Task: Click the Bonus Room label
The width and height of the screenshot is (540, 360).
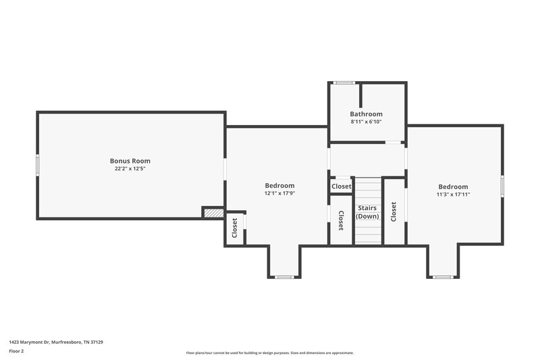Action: pyautogui.click(x=130, y=161)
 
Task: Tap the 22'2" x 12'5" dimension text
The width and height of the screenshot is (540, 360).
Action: pyautogui.click(x=130, y=169)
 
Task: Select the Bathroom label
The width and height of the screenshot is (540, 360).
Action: pyautogui.click(x=366, y=114)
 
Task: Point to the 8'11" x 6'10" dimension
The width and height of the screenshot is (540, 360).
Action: pyautogui.click(x=366, y=122)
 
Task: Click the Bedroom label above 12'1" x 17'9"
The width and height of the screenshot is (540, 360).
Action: pyautogui.click(x=279, y=186)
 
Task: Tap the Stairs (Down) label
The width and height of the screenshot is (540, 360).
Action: pyautogui.click(x=368, y=212)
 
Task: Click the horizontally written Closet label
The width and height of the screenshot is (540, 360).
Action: pyautogui.click(x=341, y=186)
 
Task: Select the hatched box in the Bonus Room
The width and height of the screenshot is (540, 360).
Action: pyautogui.click(x=213, y=212)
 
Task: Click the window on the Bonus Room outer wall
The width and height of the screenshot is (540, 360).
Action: pyautogui.click(x=38, y=165)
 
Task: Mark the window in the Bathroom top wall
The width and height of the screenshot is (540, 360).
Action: pyautogui.click(x=344, y=82)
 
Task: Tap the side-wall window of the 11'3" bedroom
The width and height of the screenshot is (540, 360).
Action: pyautogui.click(x=502, y=185)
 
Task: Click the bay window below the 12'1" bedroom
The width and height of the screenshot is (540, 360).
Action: pyautogui.click(x=284, y=277)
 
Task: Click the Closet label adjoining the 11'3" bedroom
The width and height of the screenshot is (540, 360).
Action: pyautogui.click(x=394, y=212)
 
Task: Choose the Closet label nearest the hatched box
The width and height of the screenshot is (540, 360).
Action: pyautogui.click(x=235, y=228)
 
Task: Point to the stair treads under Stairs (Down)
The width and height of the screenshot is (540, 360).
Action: pyautogui.click(x=368, y=232)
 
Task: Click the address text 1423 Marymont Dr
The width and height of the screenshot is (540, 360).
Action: pyautogui.click(x=55, y=342)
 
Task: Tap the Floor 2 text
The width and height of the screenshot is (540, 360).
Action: pyautogui.click(x=16, y=352)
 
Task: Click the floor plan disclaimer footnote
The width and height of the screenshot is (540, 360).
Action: pyautogui.click(x=270, y=353)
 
